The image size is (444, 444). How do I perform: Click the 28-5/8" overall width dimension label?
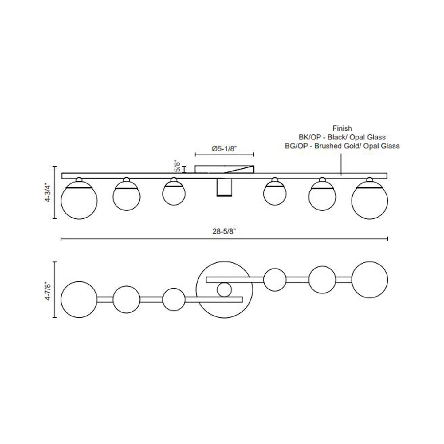pyautogui.click(x=224, y=232)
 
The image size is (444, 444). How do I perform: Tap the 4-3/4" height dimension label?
pyautogui.click(x=47, y=193)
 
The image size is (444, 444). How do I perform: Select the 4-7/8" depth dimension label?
pyautogui.click(x=47, y=290)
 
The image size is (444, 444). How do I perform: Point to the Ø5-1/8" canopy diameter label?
pyautogui.click(x=224, y=149)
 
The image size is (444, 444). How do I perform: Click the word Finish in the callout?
pyautogui.click(x=342, y=128)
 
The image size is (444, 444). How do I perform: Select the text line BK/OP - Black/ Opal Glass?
pyautogui.click(x=342, y=137)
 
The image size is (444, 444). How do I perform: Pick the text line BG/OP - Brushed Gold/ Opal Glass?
pyautogui.click(x=342, y=146)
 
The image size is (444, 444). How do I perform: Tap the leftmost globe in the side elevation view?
pyautogui.click(x=79, y=201)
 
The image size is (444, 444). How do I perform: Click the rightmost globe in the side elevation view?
pyautogui.click(x=369, y=201)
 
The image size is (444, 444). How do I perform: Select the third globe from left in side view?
pyautogui.click(x=174, y=194)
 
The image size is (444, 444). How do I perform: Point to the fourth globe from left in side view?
pyautogui.click(x=275, y=194)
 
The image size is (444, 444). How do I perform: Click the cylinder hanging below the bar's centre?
pyautogui.click(x=224, y=187)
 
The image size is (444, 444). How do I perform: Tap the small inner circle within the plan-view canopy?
pyautogui.click(x=224, y=290)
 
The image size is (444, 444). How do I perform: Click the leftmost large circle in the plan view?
pyautogui.click(x=79, y=299)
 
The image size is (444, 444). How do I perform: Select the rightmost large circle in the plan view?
pyautogui.click(x=370, y=280)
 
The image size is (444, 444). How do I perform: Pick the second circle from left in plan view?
pyautogui.click(x=126, y=299)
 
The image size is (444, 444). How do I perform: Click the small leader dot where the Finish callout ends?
pyautogui.click(x=341, y=175)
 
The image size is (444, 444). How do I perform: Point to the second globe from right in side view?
pyautogui.click(x=322, y=197)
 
